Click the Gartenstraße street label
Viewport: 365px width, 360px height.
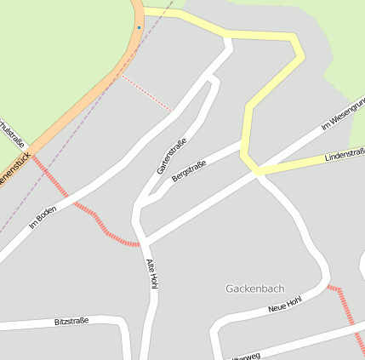click(x=171, y=156)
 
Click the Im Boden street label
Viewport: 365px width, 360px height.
click(x=43, y=219)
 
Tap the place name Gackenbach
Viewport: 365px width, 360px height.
click(x=254, y=289)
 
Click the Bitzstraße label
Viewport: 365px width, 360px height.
click(x=71, y=322)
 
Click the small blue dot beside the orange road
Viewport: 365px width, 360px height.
click(x=139, y=27)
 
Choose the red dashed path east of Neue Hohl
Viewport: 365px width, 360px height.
click(x=345, y=310)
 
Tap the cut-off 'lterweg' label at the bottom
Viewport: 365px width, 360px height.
click(x=247, y=356)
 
